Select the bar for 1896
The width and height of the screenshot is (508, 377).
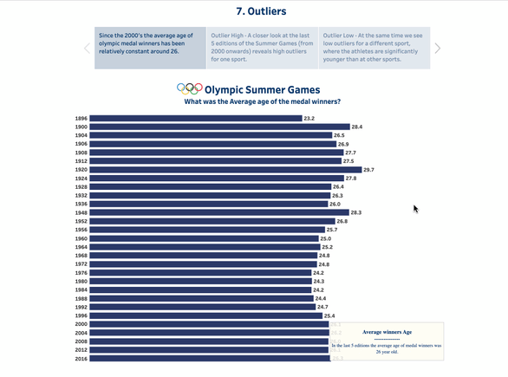point(195,118)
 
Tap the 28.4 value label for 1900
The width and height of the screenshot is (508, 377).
point(356,127)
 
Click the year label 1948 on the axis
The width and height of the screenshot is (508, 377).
point(81,212)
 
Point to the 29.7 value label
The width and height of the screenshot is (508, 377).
point(368,170)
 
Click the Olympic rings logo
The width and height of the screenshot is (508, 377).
point(189,88)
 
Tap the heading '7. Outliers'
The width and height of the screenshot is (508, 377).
point(254,11)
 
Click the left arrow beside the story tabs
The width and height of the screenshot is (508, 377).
point(87,49)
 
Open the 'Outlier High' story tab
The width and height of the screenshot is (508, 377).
point(262,49)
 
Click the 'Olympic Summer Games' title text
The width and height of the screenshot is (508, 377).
point(262,89)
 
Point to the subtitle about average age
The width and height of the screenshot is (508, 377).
point(262,101)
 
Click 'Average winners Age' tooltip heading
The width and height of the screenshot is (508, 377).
point(387,332)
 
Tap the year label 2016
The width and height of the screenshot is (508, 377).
point(81,358)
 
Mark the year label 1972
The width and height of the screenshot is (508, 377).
point(81,263)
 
